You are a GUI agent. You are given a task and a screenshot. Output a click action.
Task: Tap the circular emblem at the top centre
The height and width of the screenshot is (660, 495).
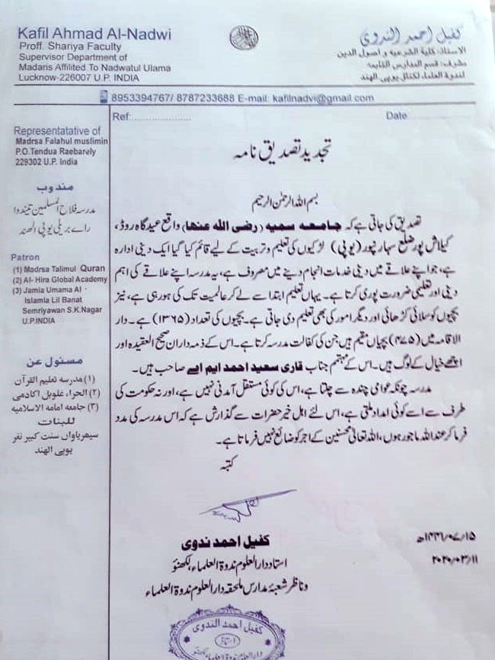[x=244, y=38]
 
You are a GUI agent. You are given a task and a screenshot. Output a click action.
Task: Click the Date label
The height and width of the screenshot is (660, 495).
[x=398, y=116]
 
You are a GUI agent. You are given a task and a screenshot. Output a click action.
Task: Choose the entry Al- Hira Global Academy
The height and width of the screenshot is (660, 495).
[x=62, y=279]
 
